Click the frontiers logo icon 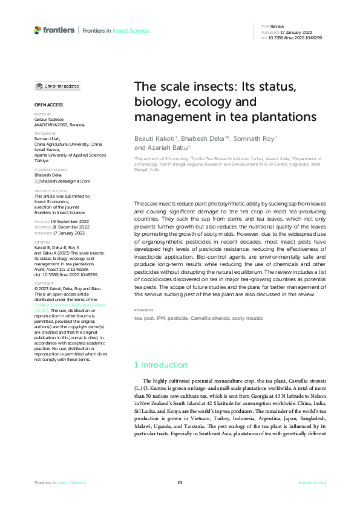coord(38,30)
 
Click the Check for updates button coord(57,86)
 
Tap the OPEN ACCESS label coord(47,105)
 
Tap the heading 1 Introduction coord(160,365)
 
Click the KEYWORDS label coord(143,310)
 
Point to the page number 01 coord(180,482)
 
